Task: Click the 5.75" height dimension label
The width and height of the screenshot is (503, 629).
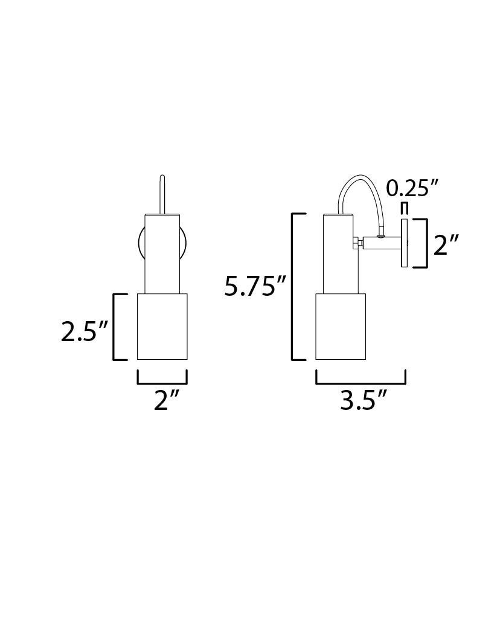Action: tap(254, 286)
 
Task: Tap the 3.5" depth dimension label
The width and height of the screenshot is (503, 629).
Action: tap(363, 400)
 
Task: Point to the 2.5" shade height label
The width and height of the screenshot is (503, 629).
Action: tap(85, 331)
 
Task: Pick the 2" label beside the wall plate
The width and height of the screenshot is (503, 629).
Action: tap(446, 245)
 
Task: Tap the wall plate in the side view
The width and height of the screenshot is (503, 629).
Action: tap(405, 243)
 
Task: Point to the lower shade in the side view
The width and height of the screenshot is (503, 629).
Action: tap(341, 327)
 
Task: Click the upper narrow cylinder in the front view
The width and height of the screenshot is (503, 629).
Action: tap(162, 254)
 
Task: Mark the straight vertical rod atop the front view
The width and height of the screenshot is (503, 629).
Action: tap(162, 194)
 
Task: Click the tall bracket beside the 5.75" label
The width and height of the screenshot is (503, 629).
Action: tap(294, 286)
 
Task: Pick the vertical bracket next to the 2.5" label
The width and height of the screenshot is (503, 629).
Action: tap(116, 327)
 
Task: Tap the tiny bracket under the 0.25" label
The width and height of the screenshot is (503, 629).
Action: tap(405, 208)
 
